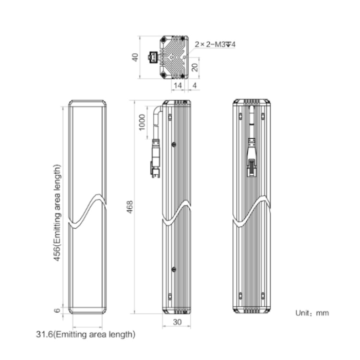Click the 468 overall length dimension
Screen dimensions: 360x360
[130, 207]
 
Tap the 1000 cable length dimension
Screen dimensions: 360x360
[142, 122]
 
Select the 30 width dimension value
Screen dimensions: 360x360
[177, 322]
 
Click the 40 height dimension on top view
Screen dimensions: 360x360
[135, 57]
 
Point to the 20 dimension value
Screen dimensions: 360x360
[195, 67]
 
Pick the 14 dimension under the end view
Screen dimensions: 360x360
[178, 85]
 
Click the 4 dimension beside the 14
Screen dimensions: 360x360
[195, 85]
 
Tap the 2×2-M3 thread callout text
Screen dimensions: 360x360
[215, 44]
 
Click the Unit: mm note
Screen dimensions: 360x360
[312, 313]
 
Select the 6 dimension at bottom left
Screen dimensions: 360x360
[57, 311]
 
